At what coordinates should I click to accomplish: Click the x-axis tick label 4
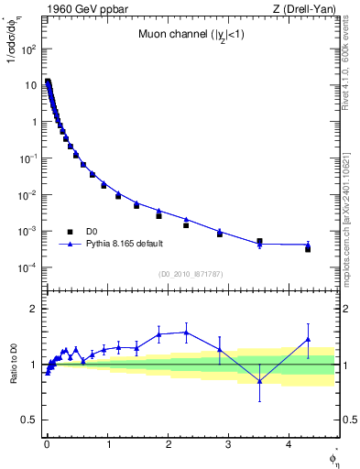289,442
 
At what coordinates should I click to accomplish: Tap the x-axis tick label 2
168,442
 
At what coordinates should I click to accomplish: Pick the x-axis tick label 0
47,442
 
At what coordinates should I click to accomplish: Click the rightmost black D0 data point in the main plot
308,249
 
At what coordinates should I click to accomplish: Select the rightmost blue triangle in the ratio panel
308,340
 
